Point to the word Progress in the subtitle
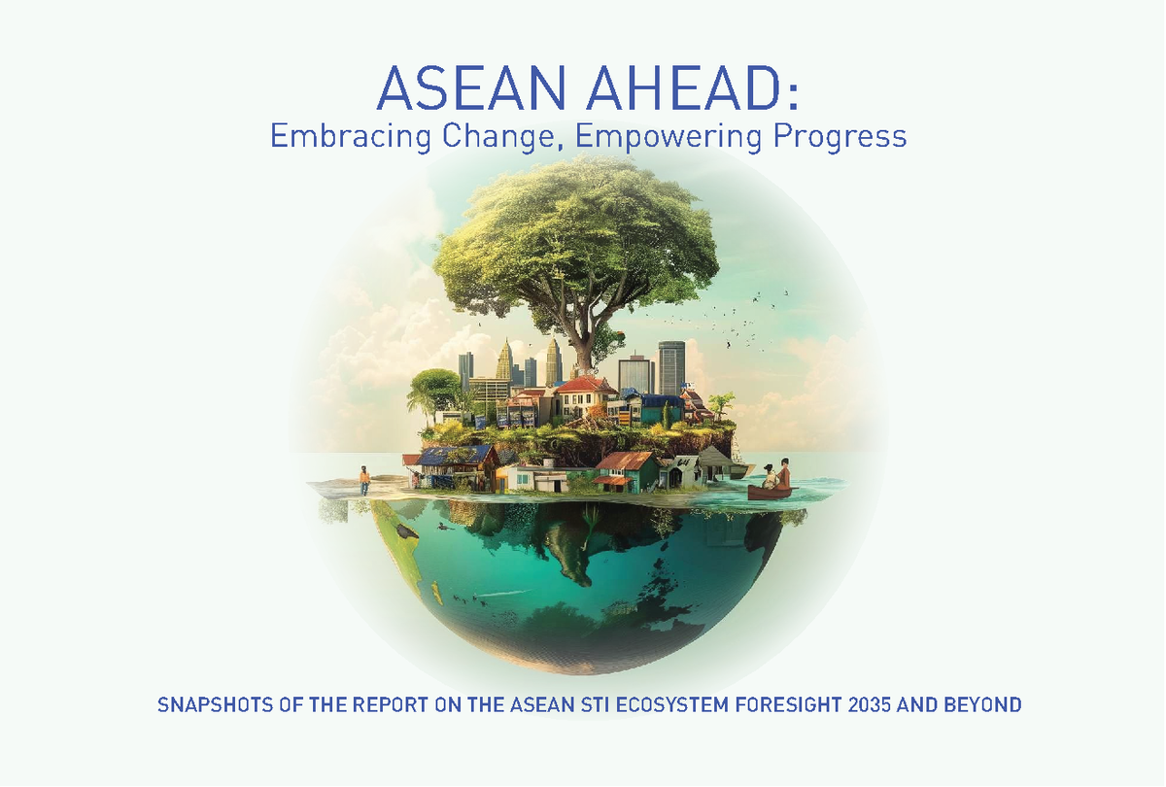click(x=839, y=137)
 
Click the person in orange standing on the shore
click(x=364, y=479)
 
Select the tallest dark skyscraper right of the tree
click(x=671, y=367)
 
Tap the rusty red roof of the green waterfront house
click(x=627, y=460)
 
